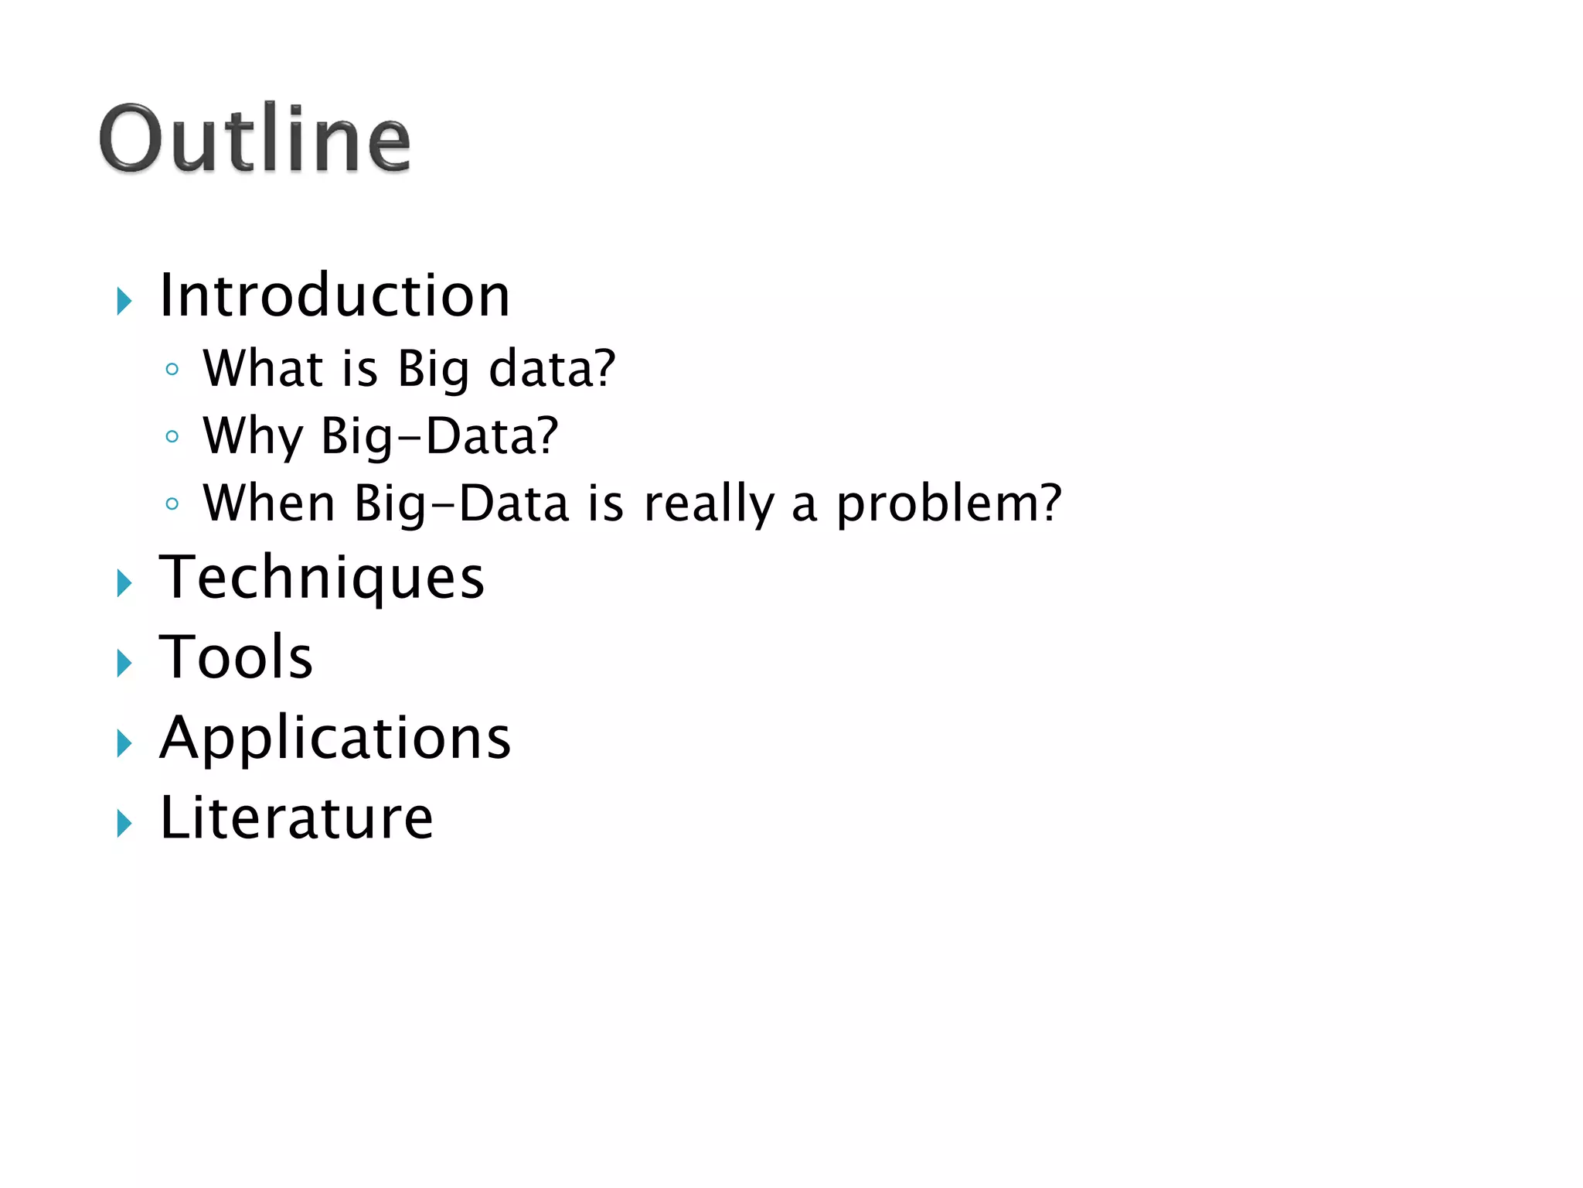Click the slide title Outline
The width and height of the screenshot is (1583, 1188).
tap(254, 139)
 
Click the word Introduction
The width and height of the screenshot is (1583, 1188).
tap(334, 295)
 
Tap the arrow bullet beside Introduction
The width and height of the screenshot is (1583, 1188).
tap(124, 301)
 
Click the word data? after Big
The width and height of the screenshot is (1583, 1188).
tap(552, 368)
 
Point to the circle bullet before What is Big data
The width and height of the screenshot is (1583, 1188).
tap(172, 370)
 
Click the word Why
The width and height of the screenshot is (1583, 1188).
tap(253, 436)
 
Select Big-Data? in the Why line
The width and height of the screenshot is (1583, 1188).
tap(439, 436)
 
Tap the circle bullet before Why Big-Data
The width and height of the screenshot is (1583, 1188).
tap(172, 437)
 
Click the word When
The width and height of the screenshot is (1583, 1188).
tap(269, 504)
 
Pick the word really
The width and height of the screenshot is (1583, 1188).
tap(709, 504)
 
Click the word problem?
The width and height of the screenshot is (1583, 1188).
tap(949, 504)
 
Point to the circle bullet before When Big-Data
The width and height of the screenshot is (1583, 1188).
tap(172, 504)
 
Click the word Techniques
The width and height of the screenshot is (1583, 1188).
tap(322, 578)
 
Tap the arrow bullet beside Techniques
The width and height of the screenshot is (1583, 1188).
tap(124, 583)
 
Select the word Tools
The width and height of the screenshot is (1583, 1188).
tap(236, 657)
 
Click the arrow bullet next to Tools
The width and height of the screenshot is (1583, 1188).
tap(124, 664)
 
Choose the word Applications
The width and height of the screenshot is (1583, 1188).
tap(335, 739)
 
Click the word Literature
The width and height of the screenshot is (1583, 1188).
tap(296, 818)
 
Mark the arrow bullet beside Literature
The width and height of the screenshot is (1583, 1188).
tap(124, 824)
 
